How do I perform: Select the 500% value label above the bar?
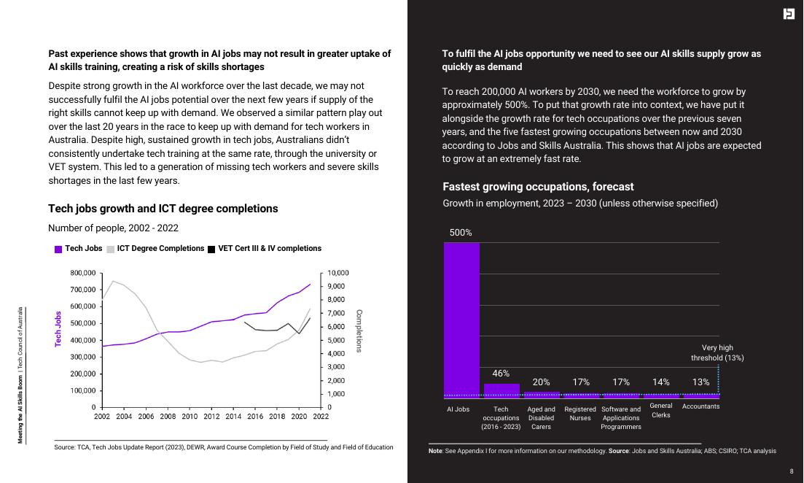pyautogui.click(x=461, y=233)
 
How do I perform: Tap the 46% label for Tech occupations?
pyautogui.click(x=501, y=374)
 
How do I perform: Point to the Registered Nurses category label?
pyautogui.click(x=580, y=414)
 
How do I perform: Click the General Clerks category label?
pyautogui.click(x=661, y=410)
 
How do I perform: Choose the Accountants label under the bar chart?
pyautogui.click(x=700, y=406)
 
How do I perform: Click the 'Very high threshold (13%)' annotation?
pyautogui.click(x=717, y=353)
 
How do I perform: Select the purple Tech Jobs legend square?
pyautogui.click(x=58, y=249)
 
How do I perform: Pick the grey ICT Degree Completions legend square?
pyautogui.click(x=111, y=249)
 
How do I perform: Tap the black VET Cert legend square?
pyautogui.click(x=211, y=249)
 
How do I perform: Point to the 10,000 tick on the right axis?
pyautogui.click(x=338, y=273)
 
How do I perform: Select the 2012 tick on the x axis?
pyautogui.click(x=211, y=417)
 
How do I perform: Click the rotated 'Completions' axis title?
pyautogui.click(x=359, y=331)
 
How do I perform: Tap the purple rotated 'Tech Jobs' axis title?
pyautogui.click(x=58, y=328)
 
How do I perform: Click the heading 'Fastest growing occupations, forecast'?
pyautogui.click(x=538, y=187)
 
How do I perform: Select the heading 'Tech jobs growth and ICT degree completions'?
pyautogui.click(x=163, y=209)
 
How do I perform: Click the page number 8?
pyautogui.click(x=792, y=471)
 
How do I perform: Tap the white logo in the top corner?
pyautogui.click(x=789, y=14)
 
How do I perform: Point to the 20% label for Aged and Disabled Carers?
pyautogui.click(x=541, y=382)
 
